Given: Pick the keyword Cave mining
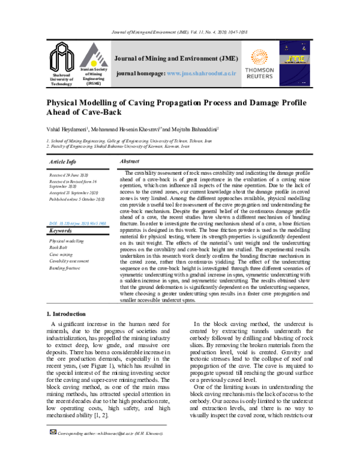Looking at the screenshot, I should [62, 254].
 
